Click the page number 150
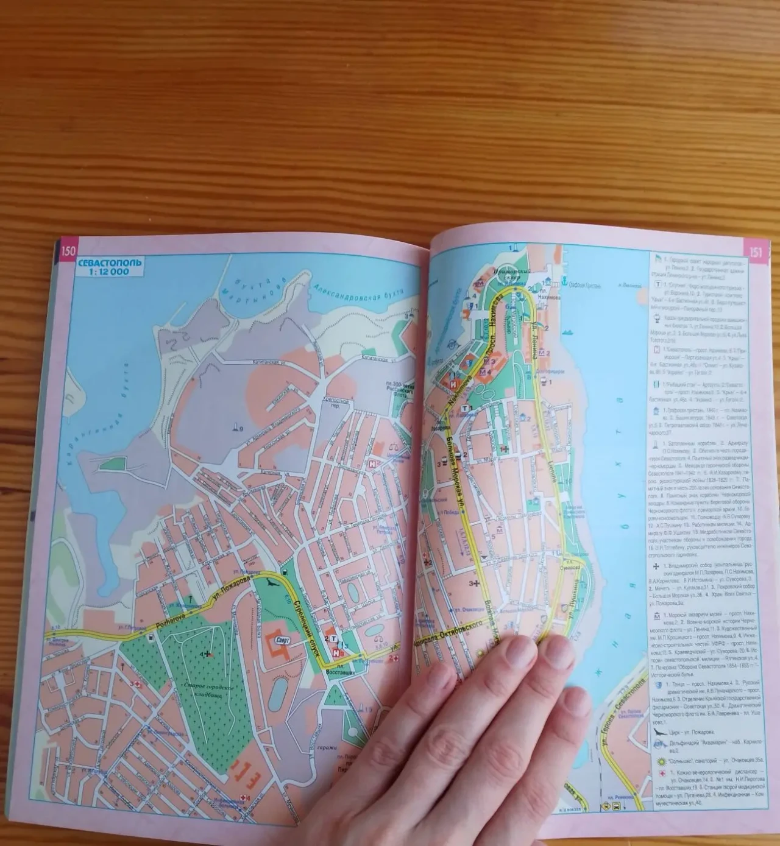(x=68, y=250)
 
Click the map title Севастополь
(x=109, y=263)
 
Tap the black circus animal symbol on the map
(x=274, y=585)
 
